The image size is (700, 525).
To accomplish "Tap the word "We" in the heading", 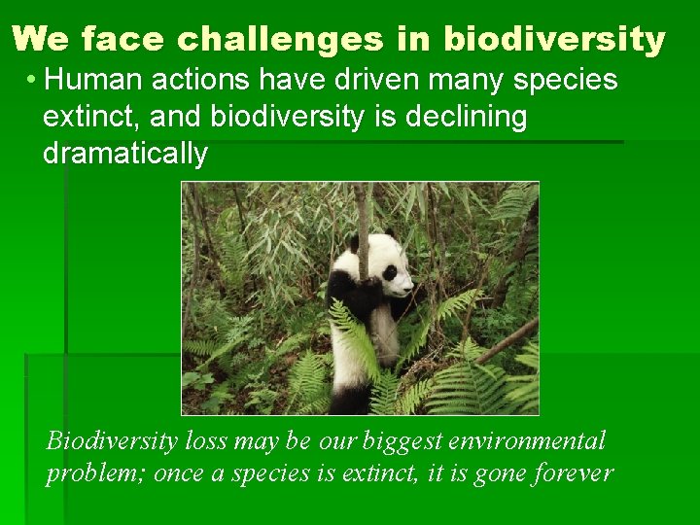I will [x=43, y=39].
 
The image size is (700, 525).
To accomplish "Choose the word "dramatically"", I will [x=124, y=154].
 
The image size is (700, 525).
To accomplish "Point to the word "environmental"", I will [x=526, y=440].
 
